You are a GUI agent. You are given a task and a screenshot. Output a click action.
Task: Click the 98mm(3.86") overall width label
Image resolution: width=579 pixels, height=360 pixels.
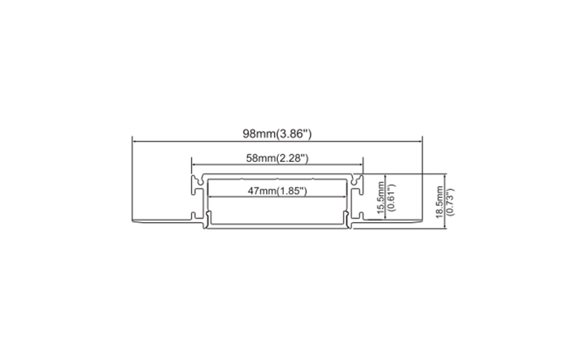point(277,133)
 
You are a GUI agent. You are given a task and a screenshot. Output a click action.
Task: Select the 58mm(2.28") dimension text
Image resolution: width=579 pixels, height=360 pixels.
point(276,158)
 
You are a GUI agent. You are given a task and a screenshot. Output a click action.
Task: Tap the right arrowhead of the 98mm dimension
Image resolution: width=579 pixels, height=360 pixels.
point(420,142)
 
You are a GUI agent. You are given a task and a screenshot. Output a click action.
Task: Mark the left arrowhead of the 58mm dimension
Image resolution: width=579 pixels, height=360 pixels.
point(194,166)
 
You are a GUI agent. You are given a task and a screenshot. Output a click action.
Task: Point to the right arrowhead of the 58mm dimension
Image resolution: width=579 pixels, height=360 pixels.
point(361,166)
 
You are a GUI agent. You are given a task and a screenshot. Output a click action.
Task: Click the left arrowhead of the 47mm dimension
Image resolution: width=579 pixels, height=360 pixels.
point(210,197)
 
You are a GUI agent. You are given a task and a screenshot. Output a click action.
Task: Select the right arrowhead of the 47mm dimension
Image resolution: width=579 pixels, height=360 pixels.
point(345,197)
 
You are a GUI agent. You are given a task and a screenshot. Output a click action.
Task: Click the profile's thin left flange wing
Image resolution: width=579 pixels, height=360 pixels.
point(160,220)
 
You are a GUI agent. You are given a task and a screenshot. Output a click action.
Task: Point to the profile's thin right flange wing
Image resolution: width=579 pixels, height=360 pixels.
point(395,220)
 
